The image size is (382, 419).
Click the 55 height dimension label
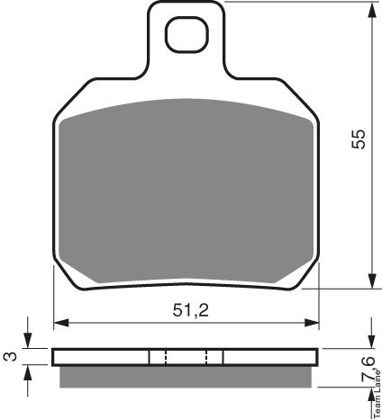pyautogui.click(x=359, y=139)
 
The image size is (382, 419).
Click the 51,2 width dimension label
pyautogui.click(x=190, y=310)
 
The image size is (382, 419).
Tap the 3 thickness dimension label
pyautogui.click(x=8, y=357)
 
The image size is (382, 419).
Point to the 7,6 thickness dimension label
pyautogui.click(x=368, y=370)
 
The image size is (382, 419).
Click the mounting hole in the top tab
pyautogui.click(x=186, y=35)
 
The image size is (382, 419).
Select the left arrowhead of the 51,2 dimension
pyautogui.click(x=61, y=323)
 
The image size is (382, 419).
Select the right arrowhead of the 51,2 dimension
pyautogui.click(x=312, y=323)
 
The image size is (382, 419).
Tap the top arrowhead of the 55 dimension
pyautogui.click(x=372, y=10)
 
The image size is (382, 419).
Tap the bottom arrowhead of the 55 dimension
pyautogui.click(x=372, y=281)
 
